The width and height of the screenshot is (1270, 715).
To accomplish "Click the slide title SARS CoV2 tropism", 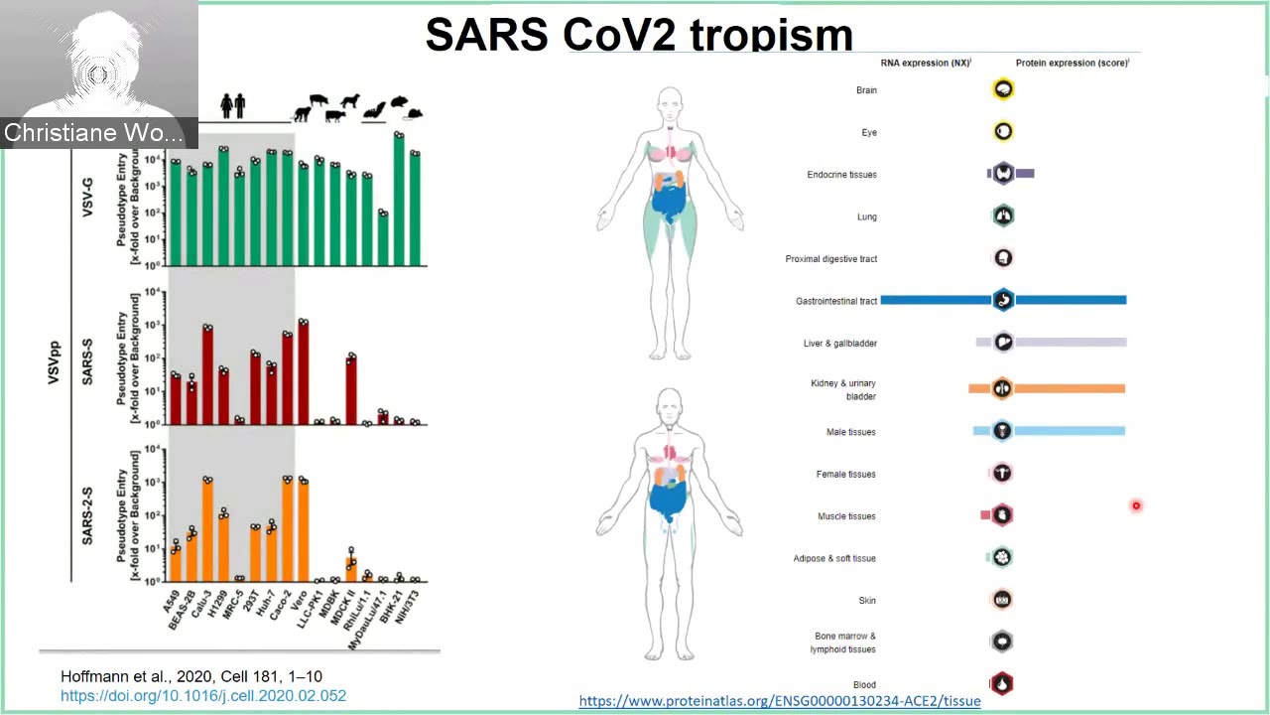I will [639, 35].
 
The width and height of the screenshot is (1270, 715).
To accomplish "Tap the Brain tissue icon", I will [1003, 89].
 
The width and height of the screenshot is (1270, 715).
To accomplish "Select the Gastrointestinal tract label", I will [835, 301].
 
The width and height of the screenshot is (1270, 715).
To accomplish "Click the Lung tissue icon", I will [1003, 215].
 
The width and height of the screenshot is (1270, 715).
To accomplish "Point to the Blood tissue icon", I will [1002, 683].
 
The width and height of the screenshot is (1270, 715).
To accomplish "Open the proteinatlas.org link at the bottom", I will [779, 701].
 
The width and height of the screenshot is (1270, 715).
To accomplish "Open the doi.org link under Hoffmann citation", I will [203, 695].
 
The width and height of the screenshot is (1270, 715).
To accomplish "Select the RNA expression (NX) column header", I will [925, 63].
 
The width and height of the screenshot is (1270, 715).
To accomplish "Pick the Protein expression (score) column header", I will [1072, 63].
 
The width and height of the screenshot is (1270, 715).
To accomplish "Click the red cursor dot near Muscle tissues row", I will [1136, 506].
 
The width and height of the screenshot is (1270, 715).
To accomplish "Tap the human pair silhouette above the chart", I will [232, 104].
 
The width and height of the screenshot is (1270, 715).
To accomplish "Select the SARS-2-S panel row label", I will [87, 514].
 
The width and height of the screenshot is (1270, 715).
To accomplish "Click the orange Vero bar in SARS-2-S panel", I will [303, 531].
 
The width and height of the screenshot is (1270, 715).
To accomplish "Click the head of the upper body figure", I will [671, 103].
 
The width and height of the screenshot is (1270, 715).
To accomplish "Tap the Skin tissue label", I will [866, 600].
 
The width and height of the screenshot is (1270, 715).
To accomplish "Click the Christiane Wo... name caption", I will [93, 133].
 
